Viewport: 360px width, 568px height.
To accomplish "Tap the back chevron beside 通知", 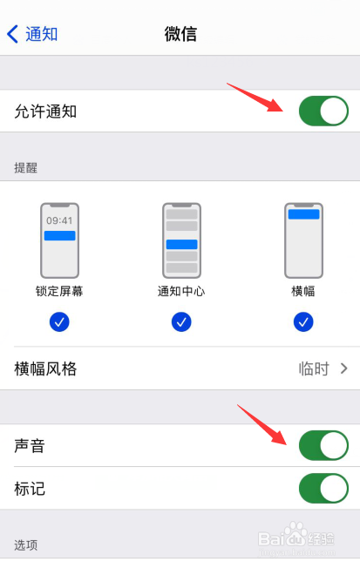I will coord(12,34).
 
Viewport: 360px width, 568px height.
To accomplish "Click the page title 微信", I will coord(180,34).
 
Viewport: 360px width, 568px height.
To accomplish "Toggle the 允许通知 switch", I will coord(323,112).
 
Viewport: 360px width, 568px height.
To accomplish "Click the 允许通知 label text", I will coord(45,112).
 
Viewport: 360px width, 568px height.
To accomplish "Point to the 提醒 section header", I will coord(26,166).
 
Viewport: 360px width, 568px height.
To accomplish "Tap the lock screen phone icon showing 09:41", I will coord(59,240).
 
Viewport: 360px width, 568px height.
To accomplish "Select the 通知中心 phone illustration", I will coord(181,240).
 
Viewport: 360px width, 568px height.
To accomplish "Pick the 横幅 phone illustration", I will coord(303,240).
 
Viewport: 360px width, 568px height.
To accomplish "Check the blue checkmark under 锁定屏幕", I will coord(59,322).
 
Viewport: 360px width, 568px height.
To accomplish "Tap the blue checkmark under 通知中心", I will coord(181,322).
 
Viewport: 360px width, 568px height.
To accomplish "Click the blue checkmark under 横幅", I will coord(303,322).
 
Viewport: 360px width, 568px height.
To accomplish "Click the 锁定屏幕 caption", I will coord(59,291).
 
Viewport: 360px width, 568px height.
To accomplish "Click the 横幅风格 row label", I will coord(46,369).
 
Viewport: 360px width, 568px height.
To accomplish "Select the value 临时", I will coord(314,369).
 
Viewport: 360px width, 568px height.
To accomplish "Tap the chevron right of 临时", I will coord(343,369).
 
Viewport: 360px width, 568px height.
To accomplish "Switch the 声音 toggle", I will coord(323,445).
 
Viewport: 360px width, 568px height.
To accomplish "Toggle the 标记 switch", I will coord(323,488).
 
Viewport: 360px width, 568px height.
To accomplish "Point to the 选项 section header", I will coord(26,544).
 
